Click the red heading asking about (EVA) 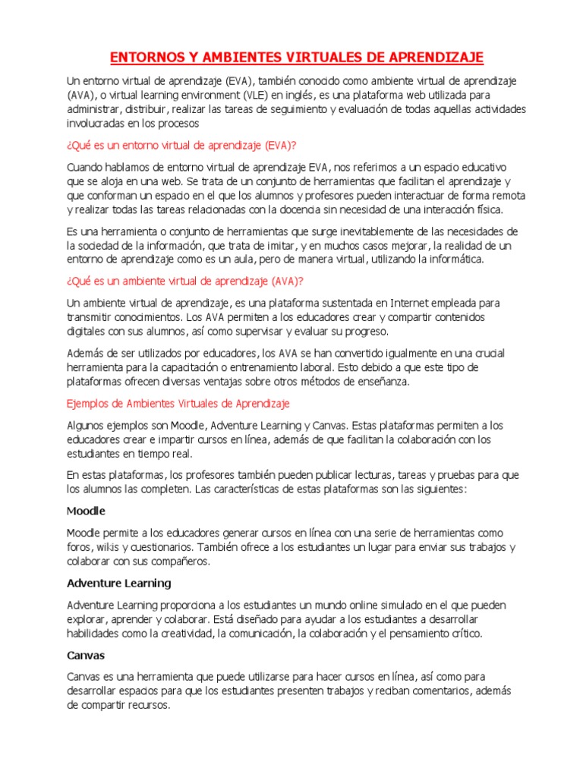point(203,144)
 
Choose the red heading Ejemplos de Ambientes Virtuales point(178,404)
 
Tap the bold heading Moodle point(86,511)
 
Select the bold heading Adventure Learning point(119,583)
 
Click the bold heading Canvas point(86,654)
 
